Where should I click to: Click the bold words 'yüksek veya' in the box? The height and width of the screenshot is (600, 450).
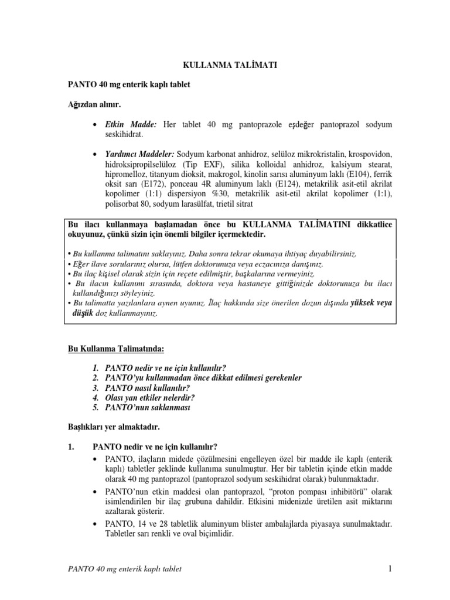click(371, 303)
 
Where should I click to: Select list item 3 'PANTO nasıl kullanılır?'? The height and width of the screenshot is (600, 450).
click(148, 387)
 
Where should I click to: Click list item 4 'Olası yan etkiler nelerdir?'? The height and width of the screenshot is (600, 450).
click(150, 397)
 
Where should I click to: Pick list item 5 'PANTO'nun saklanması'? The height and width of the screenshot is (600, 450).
click(147, 407)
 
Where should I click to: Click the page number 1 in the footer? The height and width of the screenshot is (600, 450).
click(389, 568)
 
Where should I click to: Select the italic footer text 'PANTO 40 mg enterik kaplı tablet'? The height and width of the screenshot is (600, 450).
click(125, 569)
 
